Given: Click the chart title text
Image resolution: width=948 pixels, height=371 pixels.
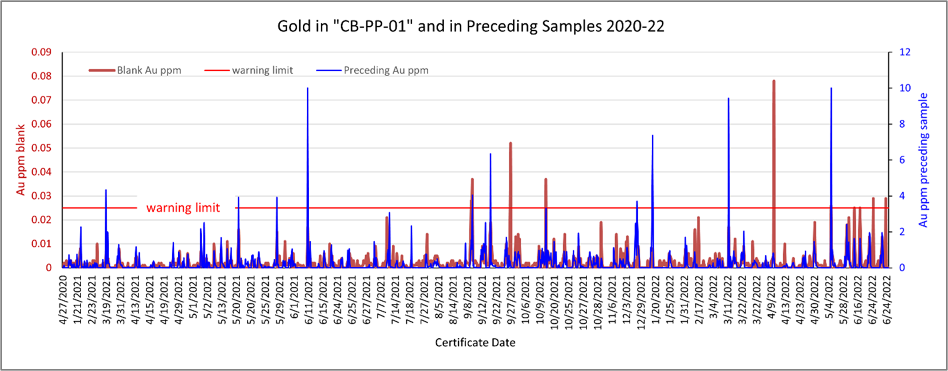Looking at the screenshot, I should tap(471, 27).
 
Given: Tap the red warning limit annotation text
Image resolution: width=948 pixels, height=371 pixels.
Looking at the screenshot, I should tap(183, 208).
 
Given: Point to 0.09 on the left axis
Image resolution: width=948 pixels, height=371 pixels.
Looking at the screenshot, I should tap(41, 52).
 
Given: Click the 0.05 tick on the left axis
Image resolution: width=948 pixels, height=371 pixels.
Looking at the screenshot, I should tap(41, 148).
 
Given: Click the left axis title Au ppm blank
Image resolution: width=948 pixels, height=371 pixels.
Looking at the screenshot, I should tap(21, 160).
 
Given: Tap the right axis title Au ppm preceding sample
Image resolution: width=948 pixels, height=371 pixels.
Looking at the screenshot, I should tap(923, 160).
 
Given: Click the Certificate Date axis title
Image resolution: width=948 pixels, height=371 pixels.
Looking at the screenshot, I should tap(475, 343).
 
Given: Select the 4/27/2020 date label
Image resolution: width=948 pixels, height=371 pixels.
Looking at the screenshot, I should tap(64, 300).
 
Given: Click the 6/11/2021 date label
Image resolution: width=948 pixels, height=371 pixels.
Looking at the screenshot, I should tap(309, 300).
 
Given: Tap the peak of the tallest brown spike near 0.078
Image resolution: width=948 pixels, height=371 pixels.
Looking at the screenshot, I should tap(774, 81).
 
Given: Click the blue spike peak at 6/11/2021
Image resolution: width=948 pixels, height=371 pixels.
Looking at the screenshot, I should tap(308, 88).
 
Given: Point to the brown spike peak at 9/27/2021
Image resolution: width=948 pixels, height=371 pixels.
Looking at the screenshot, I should tap(510, 143).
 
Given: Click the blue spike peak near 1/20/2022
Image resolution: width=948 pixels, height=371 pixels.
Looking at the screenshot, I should tap(653, 135).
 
